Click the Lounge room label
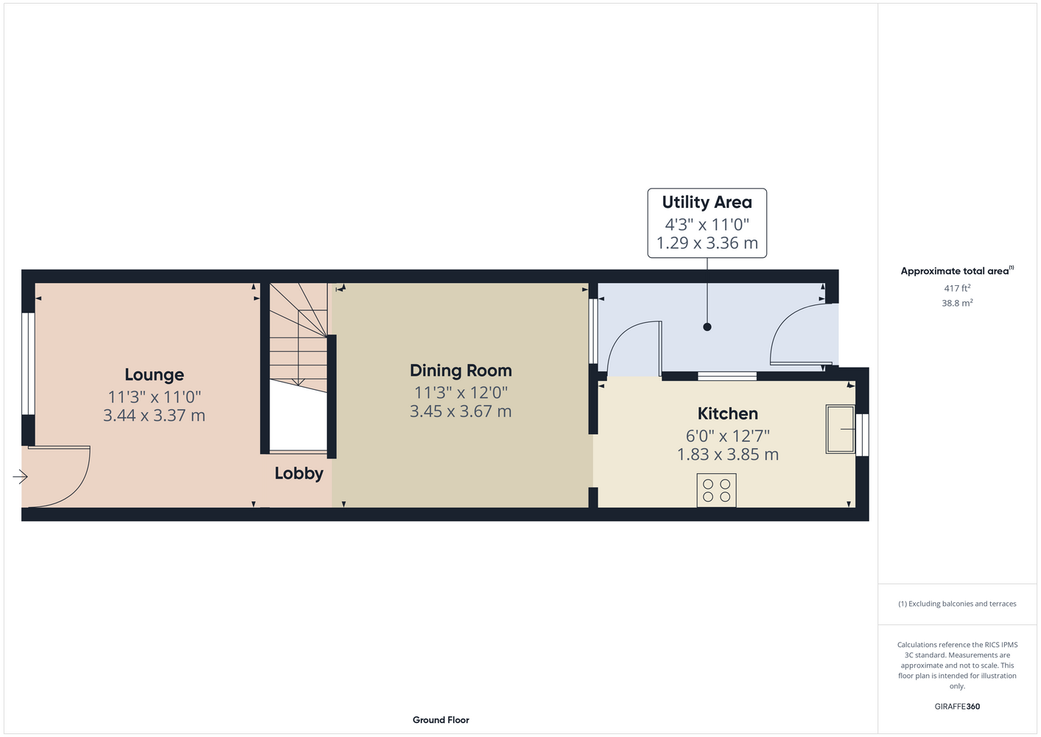(x=154, y=375)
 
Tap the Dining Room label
(x=460, y=371)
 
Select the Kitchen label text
(x=727, y=413)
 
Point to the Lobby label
(x=299, y=473)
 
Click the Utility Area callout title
(x=707, y=202)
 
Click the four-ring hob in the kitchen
(x=716, y=490)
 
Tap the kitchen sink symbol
(x=840, y=429)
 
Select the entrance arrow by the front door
(x=20, y=477)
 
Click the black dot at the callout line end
(x=707, y=327)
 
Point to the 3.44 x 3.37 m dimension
(x=154, y=415)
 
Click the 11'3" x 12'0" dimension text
(x=460, y=393)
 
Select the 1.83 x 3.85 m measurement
(x=727, y=454)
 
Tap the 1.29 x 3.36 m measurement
(x=707, y=242)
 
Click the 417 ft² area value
(x=957, y=288)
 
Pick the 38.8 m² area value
(x=957, y=303)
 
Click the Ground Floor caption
(x=441, y=720)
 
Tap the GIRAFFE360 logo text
(x=957, y=706)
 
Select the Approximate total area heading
(x=957, y=270)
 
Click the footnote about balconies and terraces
(x=957, y=604)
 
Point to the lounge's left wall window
(x=28, y=363)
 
